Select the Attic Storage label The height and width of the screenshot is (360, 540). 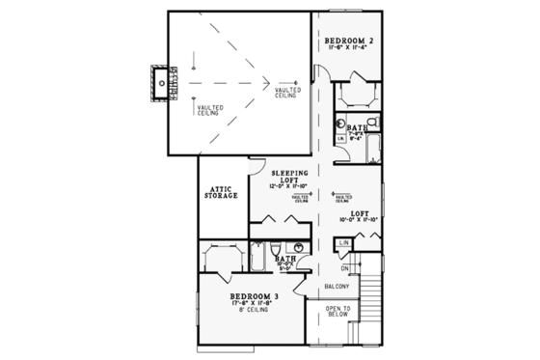point(220,192)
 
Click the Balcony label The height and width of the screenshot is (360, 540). point(336,287)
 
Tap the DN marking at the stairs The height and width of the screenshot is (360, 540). point(343,266)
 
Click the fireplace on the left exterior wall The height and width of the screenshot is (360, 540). point(163,84)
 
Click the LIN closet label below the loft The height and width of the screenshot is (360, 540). point(343,242)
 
